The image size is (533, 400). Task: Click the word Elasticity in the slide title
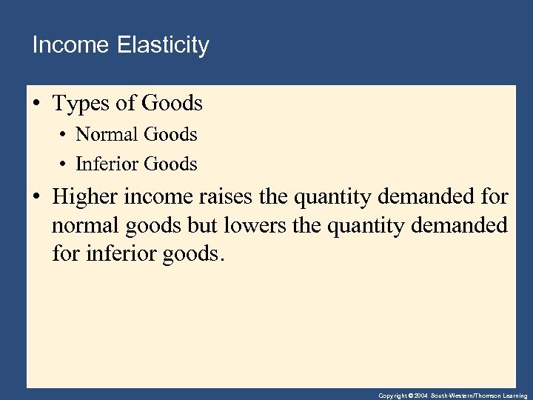pos(163,46)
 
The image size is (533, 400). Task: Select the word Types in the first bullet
pos(80,104)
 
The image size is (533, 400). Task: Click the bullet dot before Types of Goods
pos(36,104)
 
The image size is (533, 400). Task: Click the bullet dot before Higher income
pos(36,197)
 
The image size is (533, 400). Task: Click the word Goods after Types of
pos(175,104)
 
